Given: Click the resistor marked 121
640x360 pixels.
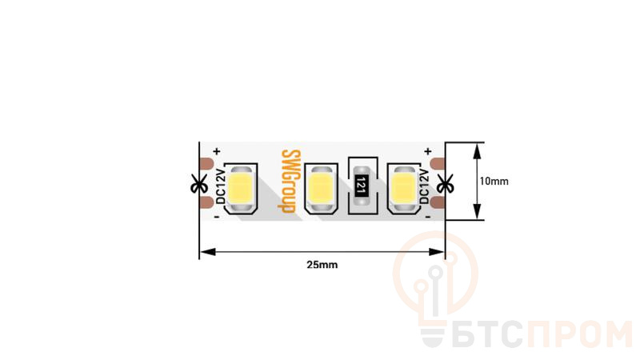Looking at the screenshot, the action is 361,186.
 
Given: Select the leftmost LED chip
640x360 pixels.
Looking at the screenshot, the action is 240,189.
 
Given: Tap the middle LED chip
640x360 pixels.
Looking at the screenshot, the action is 321,189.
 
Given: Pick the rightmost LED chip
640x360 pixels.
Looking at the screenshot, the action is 404,189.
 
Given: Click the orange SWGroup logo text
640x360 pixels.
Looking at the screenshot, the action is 290,182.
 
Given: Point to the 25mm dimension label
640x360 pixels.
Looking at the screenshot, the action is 322,265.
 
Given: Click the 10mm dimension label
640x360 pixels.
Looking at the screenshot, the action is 494,182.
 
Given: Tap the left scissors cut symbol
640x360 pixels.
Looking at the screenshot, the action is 199,184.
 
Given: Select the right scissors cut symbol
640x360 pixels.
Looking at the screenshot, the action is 445,184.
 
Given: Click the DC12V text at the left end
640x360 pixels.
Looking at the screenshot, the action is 221,186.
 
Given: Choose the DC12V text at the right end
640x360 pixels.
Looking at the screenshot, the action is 424,186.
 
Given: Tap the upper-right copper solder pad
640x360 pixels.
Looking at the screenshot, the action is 438,163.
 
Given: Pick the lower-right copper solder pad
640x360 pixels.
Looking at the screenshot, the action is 438,202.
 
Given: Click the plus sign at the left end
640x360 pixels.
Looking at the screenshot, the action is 217,151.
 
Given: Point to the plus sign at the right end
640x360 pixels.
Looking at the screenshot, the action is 428,151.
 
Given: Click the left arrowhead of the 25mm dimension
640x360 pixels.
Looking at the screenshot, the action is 208,252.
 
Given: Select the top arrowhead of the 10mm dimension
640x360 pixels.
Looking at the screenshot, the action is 477,151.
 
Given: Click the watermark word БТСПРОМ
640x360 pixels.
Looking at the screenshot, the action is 526,334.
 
